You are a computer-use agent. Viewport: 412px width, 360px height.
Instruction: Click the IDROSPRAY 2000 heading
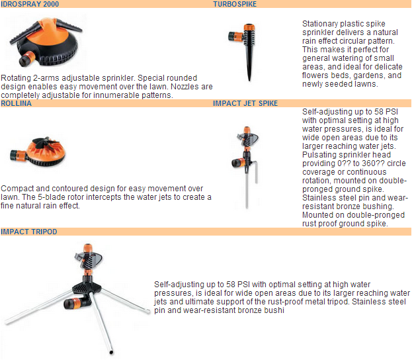pos(30,4)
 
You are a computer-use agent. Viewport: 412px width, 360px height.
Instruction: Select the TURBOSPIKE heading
pos(235,4)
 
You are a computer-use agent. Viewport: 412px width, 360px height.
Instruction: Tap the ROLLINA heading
pos(16,103)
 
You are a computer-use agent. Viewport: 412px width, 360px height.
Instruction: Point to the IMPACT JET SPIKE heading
pos(245,103)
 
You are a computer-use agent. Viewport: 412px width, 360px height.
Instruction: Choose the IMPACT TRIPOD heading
pos(29,232)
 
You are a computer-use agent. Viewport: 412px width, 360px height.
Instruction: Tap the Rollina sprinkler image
pos(38,151)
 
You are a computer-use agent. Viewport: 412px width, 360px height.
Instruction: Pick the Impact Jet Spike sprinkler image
pos(245,167)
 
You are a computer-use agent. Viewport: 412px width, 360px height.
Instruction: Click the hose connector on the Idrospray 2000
pos(27,59)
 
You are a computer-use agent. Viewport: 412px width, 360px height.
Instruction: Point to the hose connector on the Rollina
pos(18,155)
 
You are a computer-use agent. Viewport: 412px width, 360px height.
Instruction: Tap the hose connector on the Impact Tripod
pos(75,303)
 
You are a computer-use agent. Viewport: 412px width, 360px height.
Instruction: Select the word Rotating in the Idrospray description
pos(16,78)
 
